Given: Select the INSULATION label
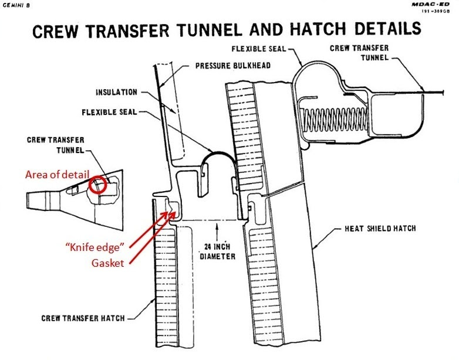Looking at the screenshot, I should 117,92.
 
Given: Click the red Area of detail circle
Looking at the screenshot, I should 97,186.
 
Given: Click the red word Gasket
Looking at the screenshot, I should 108,263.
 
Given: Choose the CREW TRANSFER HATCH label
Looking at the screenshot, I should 83,318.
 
